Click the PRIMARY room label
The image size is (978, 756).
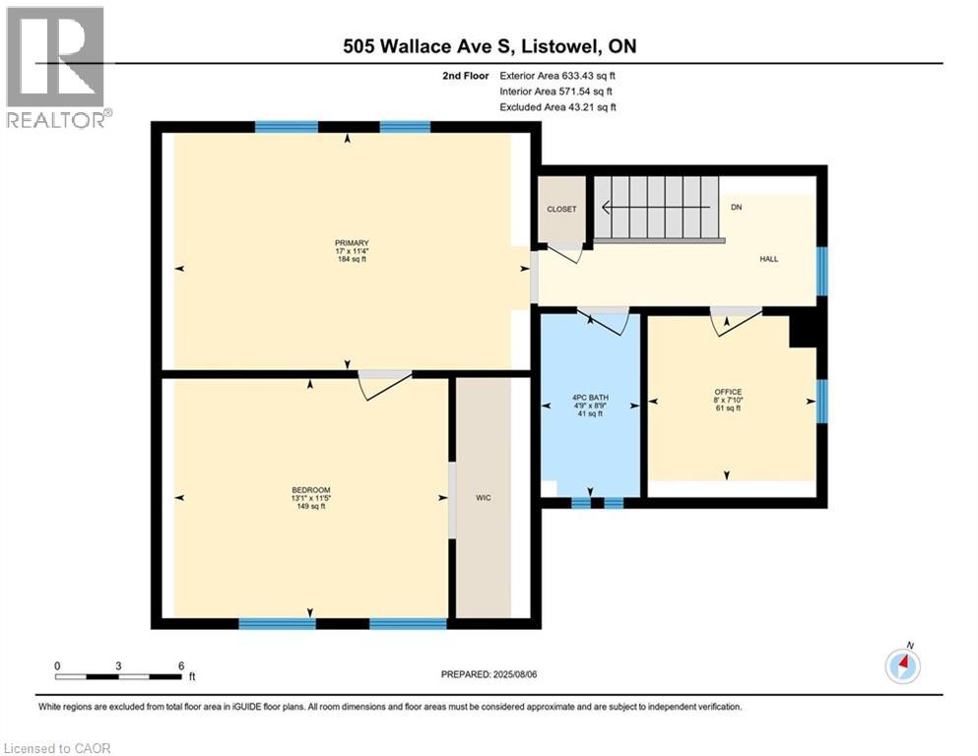pos(352,243)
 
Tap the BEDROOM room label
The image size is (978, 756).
pos(311,490)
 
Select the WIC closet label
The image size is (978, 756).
pos(484,498)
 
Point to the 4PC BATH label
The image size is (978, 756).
pos(590,398)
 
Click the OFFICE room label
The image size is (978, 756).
pos(728,392)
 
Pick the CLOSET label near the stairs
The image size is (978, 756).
pos(562,210)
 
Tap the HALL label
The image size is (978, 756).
pos(769,259)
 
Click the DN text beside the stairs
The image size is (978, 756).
pos(737,207)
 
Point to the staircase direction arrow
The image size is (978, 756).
pos(656,207)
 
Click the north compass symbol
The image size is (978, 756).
pos(902,665)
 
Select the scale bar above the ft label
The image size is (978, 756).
pos(118,676)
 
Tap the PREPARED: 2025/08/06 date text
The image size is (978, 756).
pos(489,674)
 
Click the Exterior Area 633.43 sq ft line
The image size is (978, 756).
pos(557,76)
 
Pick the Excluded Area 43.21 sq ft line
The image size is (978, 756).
pos(558,107)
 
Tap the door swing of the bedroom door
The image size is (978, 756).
pos(385,386)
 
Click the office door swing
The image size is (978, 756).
pos(737,321)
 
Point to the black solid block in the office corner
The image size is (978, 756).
pos(803,332)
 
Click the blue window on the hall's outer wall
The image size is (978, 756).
pos(822,271)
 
